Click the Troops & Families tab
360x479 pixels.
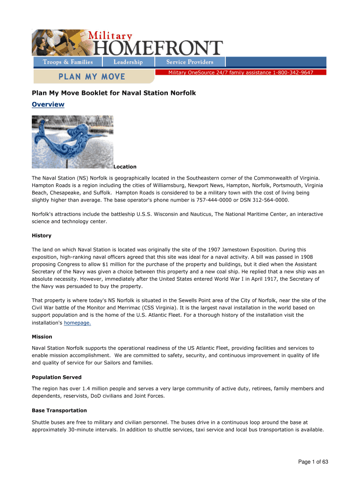click(68, 62)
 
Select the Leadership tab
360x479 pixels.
click(128, 62)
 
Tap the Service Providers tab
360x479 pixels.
click(190, 62)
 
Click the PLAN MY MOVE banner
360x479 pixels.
click(91, 76)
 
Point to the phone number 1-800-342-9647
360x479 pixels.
click(293, 73)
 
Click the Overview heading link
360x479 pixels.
click(48, 104)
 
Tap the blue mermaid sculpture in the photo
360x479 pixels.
click(70, 140)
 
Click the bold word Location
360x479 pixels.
click(125, 167)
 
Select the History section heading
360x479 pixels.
click(42, 235)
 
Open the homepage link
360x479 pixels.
click(77, 323)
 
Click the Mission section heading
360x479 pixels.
click(42, 336)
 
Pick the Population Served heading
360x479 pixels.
click(57, 377)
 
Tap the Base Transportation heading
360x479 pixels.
click(59, 410)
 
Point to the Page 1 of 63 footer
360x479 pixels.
click(313, 462)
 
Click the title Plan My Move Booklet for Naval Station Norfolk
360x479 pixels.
click(114, 93)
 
